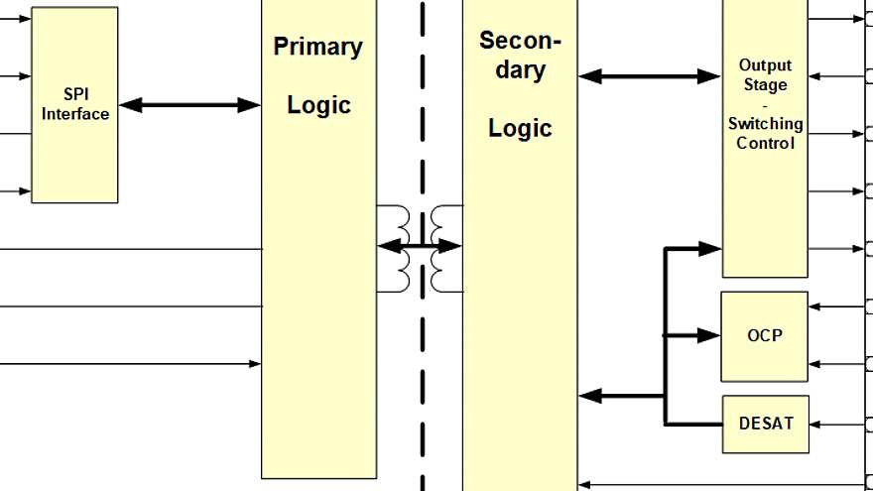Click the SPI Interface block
pyautogui.click(x=74, y=105)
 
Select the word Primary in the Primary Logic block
pyautogui.click(x=318, y=47)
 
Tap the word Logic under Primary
pyautogui.click(x=318, y=105)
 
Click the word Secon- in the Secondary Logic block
pyautogui.click(x=520, y=41)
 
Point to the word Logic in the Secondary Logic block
pyautogui.click(x=520, y=128)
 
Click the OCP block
pyautogui.click(x=764, y=336)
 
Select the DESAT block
pyautogui.click(x=765, y=424)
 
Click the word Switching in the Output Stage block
pyautogui.click(x=765, y=124)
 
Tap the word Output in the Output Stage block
pyautogui.click(x=765, y=65)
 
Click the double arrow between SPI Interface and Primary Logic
pyautogui.click(x=189, y=104)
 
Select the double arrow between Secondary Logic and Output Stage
pyautogui.click(x=649, y=75)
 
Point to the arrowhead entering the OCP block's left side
pyautogui.click(x=710, y=336)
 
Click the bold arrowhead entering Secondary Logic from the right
pyautogui.click(x=590, y=396)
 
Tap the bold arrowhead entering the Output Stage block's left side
pyautogui.click(x=710, y=248)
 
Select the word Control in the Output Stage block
pyautogui.click(x=765, y=143)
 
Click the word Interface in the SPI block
pyautogui.click(x=75, y=114)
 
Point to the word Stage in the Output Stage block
pyautogui.click(x=765, y=84)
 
